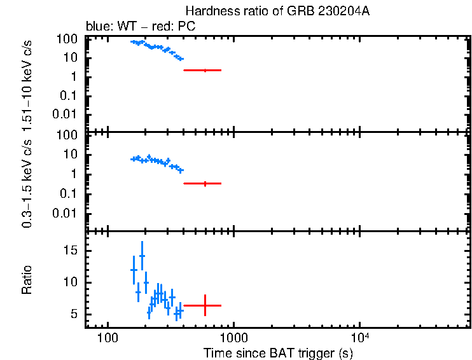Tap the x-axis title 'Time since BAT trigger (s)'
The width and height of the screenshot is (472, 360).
click(278, 353)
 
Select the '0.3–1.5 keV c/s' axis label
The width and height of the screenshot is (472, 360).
click(28, 180)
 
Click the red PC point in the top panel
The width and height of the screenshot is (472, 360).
click(205, 70)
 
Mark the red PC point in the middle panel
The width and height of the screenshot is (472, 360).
click(205, 183)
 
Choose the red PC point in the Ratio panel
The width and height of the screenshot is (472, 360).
click(205, 305)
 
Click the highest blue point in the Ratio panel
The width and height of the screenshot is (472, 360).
click(142, 256)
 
